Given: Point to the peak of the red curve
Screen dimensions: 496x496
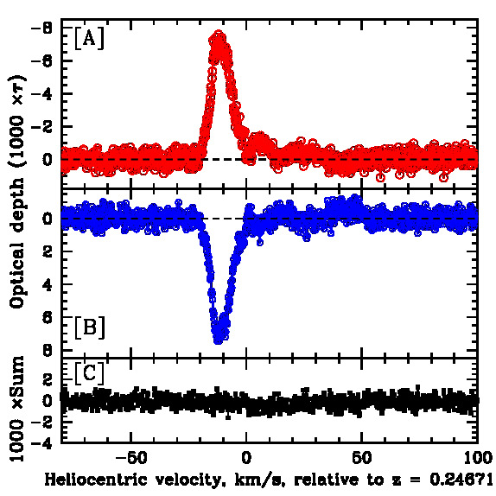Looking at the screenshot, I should tap(219, 35).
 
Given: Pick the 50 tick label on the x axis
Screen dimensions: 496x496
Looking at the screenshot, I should tap(361, 458).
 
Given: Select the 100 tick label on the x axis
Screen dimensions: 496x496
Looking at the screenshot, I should tap(476, 458).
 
